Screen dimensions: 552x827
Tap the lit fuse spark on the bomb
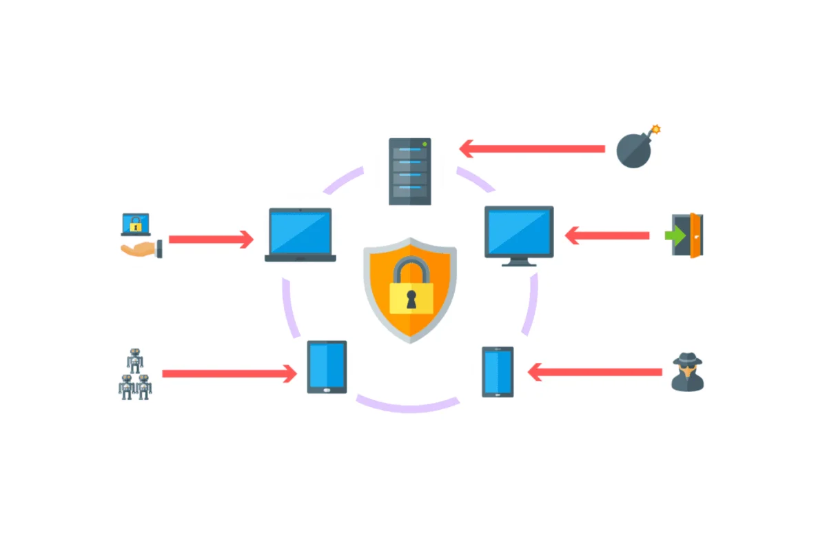click(x=656, y=129)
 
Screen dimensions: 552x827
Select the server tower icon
click(x=410, y=170)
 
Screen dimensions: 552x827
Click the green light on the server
click(x=425, y=144)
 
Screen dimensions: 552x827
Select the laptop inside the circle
click(x=300, y=235)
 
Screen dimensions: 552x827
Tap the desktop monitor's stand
click(x=519, y=262)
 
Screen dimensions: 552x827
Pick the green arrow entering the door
click(x=675, y=235)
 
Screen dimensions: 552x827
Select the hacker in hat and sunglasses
click(x=688, y=373)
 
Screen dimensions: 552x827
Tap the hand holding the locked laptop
click(x=141, y=249)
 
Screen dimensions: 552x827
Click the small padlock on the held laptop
click(x=136, y=224)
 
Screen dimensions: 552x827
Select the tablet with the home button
click(x=327, y=367)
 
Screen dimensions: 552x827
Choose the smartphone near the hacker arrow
click(x=498, y=371)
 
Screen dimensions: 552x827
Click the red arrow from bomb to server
click(x=531, y=148)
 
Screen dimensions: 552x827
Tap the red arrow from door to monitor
click(x=606, y=235)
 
